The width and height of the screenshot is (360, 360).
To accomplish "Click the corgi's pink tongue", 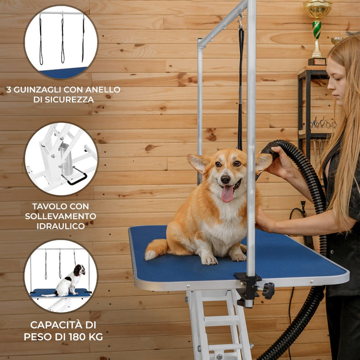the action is pos(227,193).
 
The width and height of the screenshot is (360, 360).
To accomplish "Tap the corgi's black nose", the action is pos(225,179).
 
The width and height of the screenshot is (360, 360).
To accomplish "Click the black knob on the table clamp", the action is pos(268,291).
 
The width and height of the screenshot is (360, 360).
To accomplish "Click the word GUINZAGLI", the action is pos(38,89).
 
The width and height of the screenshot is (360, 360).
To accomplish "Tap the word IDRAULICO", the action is pos(61,226).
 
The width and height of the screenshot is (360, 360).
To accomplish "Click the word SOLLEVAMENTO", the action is pos(61,216).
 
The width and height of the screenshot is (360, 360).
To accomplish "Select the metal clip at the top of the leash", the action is pos(241,21).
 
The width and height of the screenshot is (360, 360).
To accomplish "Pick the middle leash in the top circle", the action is pos(62,39).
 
